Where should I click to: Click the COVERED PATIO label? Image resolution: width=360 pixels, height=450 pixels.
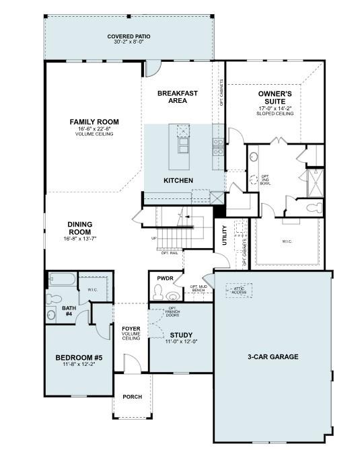pos(129,36)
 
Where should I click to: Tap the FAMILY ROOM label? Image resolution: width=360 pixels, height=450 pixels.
pos(94,122)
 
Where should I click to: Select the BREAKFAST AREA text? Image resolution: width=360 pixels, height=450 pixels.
pos(177,97)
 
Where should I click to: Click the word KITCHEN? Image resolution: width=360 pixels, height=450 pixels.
pos(179,180)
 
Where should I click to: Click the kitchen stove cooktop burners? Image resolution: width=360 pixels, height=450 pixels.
pos(218,147)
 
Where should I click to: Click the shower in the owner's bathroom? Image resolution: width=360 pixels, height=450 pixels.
pos(315,182)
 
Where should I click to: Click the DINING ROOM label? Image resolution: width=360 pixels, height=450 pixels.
pos(79,228)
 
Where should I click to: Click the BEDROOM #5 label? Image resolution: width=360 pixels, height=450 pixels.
pos(79,357)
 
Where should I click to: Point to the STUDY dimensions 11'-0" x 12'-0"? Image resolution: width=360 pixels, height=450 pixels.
pos(181,342)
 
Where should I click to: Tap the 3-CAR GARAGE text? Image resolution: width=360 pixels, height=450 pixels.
pos(272,357)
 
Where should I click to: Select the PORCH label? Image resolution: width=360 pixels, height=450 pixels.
pos(132,397)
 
